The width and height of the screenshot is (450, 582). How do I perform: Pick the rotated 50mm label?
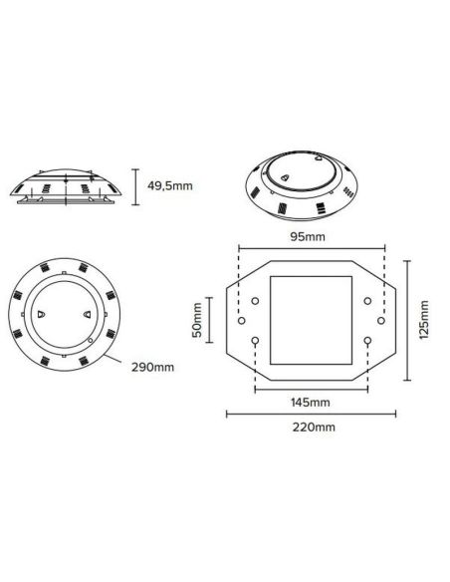tap(197, 320)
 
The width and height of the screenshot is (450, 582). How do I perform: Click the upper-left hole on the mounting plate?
tap(255, 300)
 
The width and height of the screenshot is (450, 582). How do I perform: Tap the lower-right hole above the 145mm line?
tap(368, 341)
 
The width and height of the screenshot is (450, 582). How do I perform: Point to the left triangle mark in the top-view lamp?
tap(41, 313)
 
